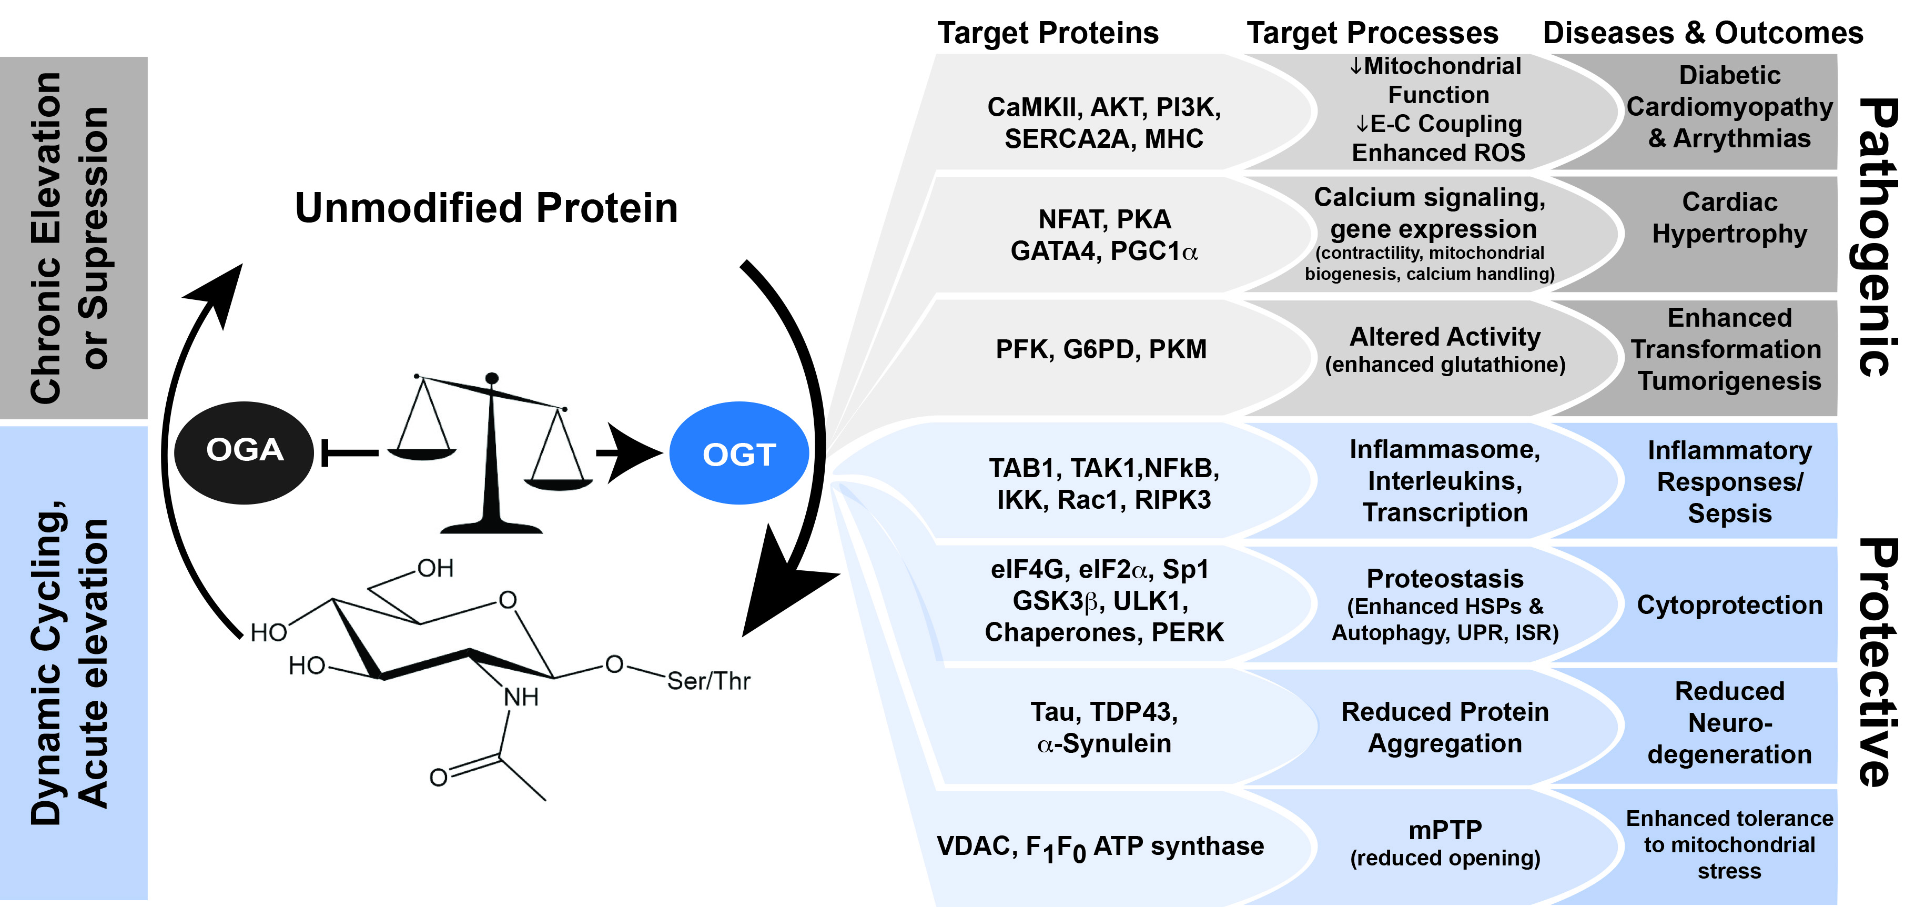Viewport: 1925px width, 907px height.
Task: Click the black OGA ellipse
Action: [244, 451]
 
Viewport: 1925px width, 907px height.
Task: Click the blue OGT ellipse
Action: [738, 453]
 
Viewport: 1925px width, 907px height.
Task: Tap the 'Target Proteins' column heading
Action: [1048, 33]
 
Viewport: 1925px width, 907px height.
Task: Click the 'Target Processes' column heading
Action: [1372, 33]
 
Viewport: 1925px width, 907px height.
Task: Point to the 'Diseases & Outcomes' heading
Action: [1703, 33]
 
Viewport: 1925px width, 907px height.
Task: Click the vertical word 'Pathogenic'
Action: [1877, 236]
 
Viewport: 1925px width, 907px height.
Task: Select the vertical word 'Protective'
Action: [1877, 662]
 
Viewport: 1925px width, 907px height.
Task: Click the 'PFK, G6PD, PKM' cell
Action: [1101, 349]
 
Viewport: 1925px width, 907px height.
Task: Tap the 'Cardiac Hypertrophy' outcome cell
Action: [1729, 218]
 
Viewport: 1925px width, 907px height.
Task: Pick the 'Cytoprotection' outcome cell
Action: [1729, 605]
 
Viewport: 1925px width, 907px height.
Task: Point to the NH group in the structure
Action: [521, 698]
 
